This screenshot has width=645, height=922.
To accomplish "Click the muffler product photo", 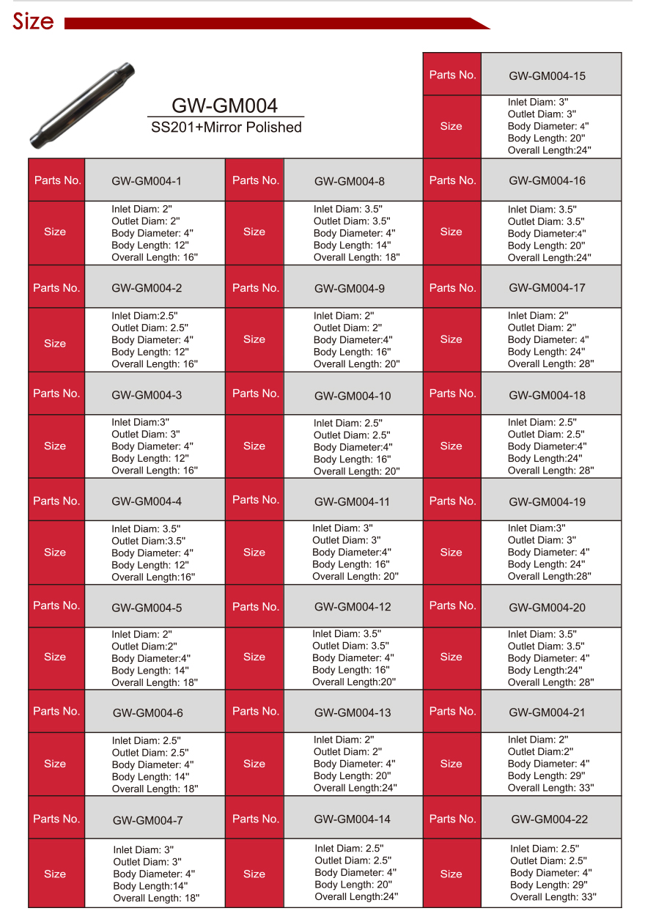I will point(83,105).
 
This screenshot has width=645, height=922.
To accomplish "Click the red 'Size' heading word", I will point(33,22).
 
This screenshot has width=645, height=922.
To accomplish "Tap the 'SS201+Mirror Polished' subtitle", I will point(226,128).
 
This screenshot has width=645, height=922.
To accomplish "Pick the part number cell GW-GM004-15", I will point(547,76).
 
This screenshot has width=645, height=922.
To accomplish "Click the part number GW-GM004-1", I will point(147,181).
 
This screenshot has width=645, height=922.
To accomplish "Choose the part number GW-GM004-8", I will point(349,182).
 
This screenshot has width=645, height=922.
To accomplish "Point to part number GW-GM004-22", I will point(549,819).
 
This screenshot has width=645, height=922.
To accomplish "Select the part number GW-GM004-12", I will point(353,607).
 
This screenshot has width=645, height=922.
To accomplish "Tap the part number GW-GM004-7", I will point(147,820).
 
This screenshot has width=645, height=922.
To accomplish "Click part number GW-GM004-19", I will point(547,502).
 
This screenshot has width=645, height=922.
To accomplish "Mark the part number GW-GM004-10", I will point(353,396).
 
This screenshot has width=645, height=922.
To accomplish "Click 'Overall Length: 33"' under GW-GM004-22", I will point(553,896).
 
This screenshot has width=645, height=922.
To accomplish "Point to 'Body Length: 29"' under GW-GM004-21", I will point(544,775).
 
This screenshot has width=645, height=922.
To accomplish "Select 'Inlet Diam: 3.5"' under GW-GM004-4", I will point(146,528).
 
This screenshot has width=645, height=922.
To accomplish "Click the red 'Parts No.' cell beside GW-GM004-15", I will point(452,75).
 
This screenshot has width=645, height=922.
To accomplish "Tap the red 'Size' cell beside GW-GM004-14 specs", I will point(254,874).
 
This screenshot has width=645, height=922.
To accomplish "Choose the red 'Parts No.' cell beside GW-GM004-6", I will point(56,711).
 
